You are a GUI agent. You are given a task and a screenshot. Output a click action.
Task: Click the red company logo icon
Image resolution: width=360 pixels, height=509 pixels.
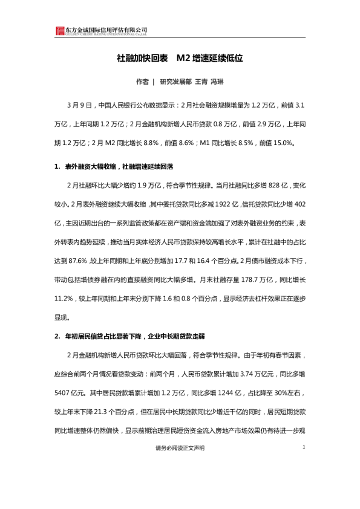coord(59,31)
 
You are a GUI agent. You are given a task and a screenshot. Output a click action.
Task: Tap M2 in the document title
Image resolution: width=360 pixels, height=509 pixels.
coord(183,59)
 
